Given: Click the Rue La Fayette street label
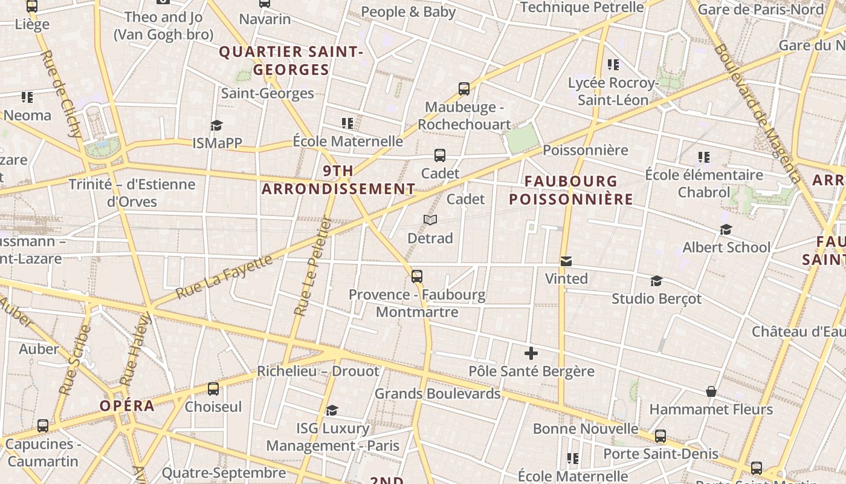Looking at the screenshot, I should click(224, 277).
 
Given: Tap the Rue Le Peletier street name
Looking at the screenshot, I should click(313, 266).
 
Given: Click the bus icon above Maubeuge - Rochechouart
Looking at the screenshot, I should click(463, 89).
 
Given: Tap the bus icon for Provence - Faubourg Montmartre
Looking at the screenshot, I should click(416, 276).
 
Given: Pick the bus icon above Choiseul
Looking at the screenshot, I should click(213, 388).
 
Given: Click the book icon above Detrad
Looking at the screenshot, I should click(430, 220).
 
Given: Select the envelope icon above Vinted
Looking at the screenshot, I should click(566, 261).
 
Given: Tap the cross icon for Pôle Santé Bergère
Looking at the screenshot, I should click(531, 353).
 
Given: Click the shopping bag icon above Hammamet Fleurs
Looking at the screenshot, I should click(711, 391).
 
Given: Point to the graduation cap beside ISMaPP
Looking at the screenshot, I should click(216, 125).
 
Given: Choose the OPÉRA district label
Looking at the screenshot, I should click(127, 405).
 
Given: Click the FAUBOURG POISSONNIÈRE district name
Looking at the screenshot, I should click(571, 190).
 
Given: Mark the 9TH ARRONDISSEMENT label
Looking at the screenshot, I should click(338, 180).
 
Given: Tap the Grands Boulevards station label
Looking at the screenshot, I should click(438, 394).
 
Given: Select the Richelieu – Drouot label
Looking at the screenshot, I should click(318, 371).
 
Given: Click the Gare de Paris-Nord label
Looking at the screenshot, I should click(760, 9).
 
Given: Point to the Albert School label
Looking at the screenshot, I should click(726, 247).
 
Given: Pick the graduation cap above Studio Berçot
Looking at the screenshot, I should click(656, 281).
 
